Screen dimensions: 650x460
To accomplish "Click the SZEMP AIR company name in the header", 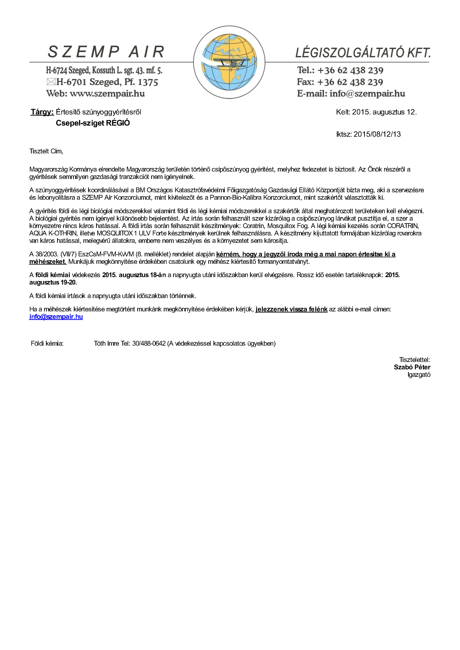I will click(106, 52).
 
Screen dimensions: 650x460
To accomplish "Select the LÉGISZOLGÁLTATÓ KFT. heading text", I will click(363, 53).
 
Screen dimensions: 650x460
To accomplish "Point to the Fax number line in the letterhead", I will click(340, 82).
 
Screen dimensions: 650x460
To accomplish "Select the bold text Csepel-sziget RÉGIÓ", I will click(93, 123).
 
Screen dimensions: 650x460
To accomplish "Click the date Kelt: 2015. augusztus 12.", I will click(376, 112).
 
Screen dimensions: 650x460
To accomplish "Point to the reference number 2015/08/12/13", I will click(377, 134).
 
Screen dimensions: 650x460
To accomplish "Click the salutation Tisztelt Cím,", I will click(46, 151).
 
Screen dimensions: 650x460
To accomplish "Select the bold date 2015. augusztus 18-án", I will click(134, 275).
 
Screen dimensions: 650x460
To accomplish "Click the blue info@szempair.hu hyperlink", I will click(56, 317).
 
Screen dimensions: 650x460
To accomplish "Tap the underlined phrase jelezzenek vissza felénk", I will click(291, 309).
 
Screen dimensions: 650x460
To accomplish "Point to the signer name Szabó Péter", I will click(412, 367).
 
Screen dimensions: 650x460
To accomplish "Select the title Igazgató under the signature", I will click(419, 375).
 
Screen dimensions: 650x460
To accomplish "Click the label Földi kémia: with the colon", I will click(47, 343).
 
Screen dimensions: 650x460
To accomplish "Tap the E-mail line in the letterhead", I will click(351, 94).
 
